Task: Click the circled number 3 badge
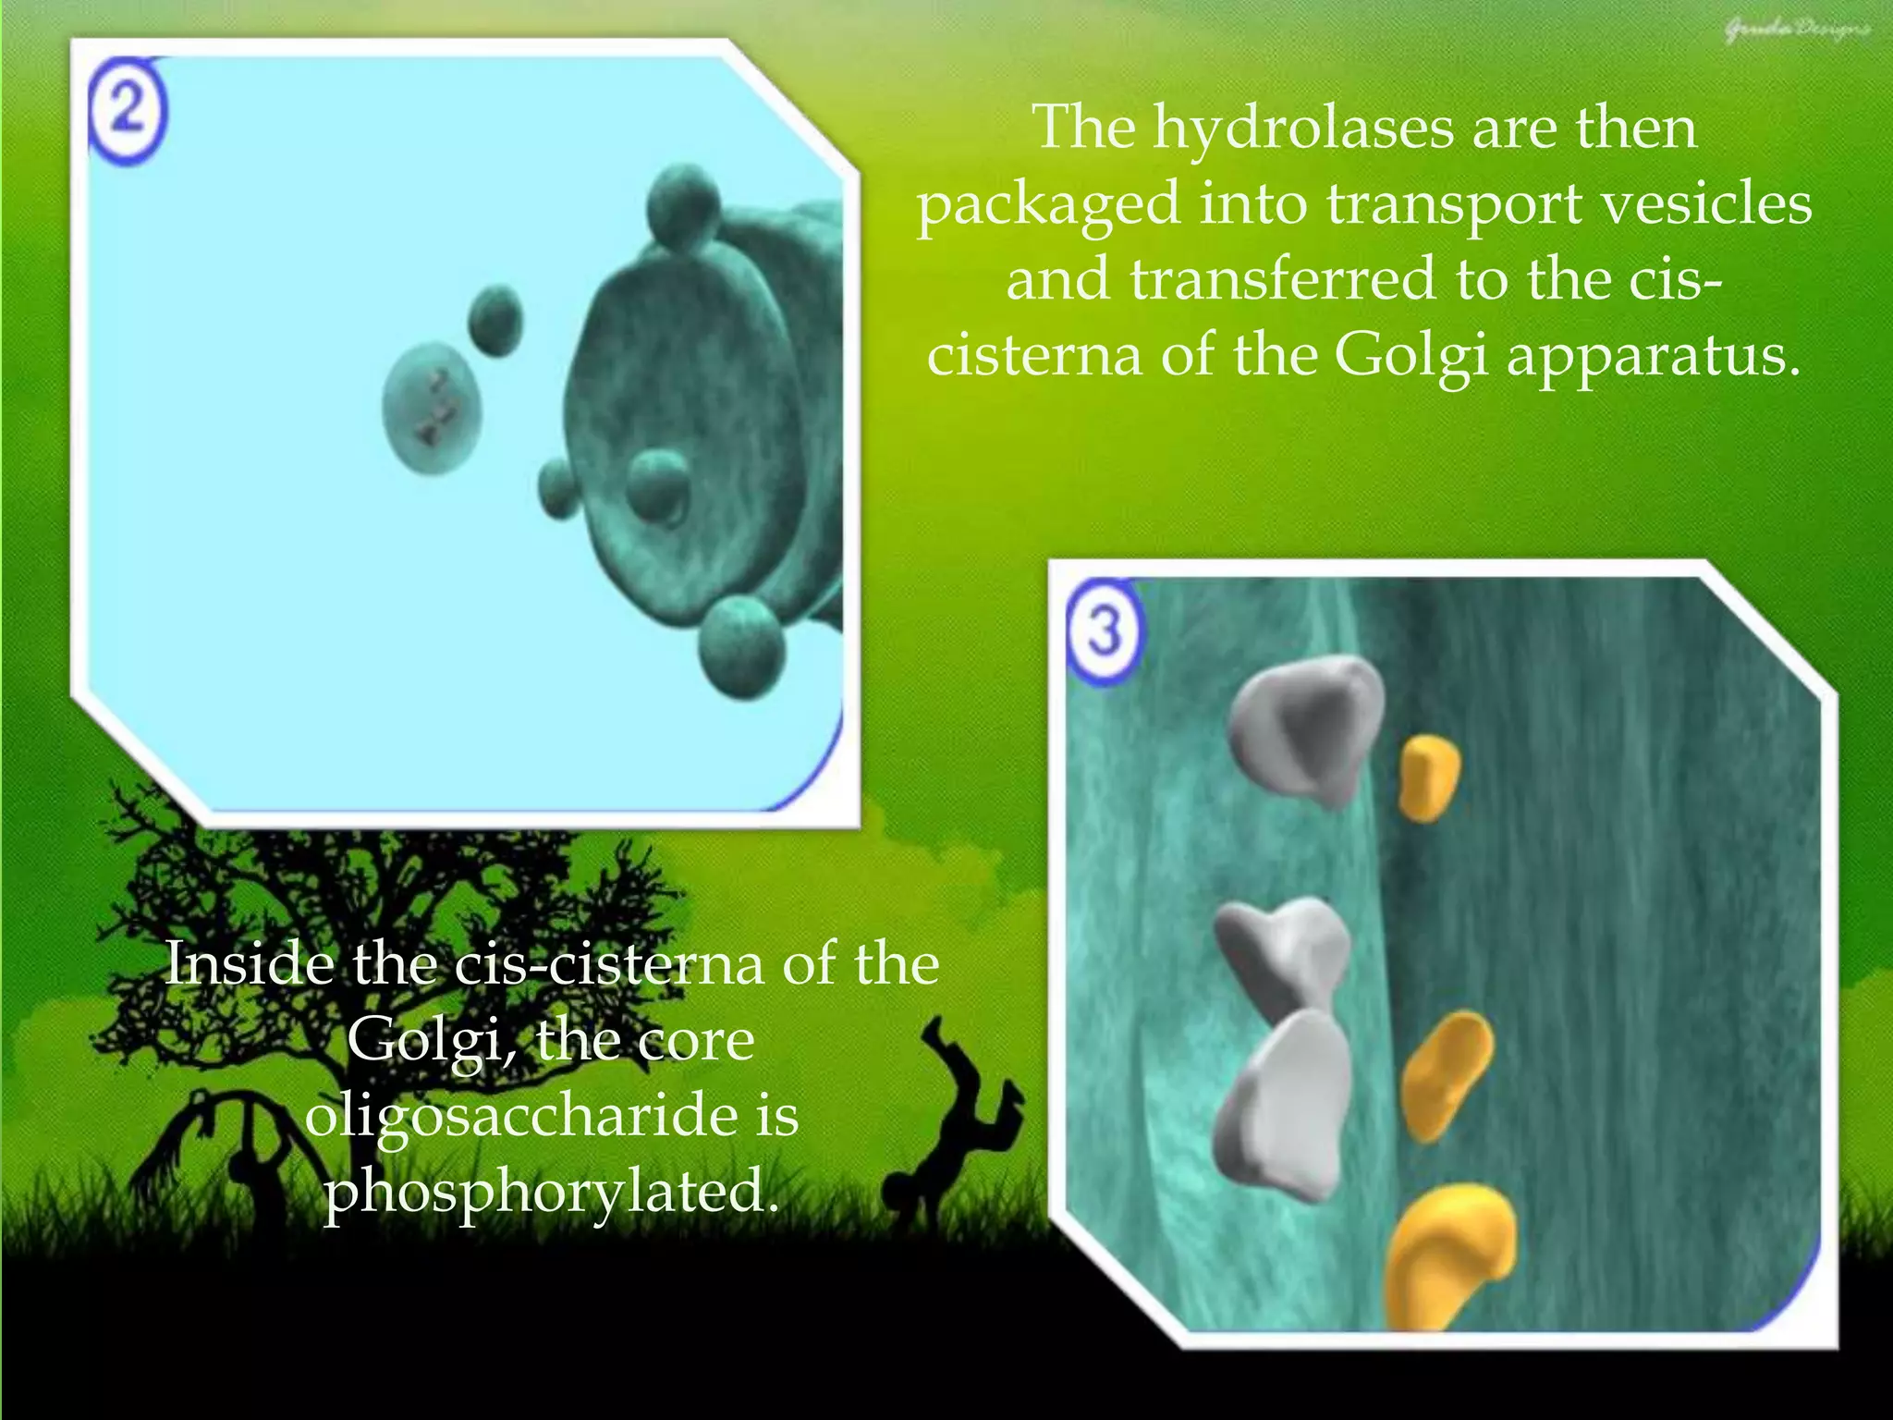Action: tap(1105, 632)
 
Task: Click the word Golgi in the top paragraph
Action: tap(1411, 355)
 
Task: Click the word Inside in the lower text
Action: tap(250, 964)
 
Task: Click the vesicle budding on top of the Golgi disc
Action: tap(683, 205)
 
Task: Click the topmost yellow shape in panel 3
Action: tap(1428, 777)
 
